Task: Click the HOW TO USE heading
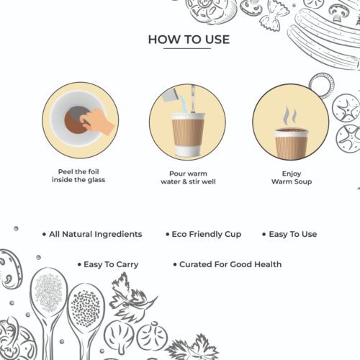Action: click(x=189, y=40)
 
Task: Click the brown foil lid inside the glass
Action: click(x=76, y=120)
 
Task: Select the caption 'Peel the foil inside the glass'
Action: click(x=78, y=176)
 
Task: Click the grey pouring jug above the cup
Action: click(x=170, y=94)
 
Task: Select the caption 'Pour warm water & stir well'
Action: click(x=188, y=178)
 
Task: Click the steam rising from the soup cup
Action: click(x=289, y=116)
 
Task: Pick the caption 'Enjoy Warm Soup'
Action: click(x=292, y=177)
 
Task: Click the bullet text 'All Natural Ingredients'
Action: click(x=96, y=234)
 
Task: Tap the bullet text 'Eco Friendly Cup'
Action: click(x=207, y=234)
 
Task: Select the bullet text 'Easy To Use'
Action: click(x=293, y=234)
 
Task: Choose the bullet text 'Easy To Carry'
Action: click(x=111, y=265)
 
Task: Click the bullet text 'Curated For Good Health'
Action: click(x=230, y=264)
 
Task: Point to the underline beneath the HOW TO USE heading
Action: click(x=187, y=48)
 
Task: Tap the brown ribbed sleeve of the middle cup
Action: click(x=188, y=132)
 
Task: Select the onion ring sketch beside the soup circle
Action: click(x=321, y=85)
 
